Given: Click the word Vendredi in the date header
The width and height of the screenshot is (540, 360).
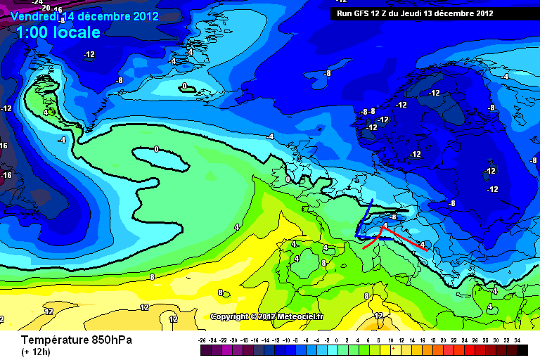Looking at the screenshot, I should [x=34, y=15].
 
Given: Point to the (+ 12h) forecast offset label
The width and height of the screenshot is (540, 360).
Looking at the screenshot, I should [x=34, y=352].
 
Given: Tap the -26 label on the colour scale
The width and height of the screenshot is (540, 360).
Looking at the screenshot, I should [x=203, y=339].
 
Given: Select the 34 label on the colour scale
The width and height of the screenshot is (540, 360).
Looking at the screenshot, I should [x=517, y=339].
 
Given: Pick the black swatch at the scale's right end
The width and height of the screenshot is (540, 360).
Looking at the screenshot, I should [x=522, y=349].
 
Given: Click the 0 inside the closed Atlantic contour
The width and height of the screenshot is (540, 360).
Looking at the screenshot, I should [x=156, y=149].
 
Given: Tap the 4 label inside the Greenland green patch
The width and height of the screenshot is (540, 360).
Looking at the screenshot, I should [x=45, y=111].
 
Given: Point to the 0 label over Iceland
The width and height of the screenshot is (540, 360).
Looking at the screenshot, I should [x=184, y=86].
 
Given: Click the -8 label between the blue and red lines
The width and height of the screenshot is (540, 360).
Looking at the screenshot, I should [x=394, y=217].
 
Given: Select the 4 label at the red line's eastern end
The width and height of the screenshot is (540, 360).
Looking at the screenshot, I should [x=422, y=244].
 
